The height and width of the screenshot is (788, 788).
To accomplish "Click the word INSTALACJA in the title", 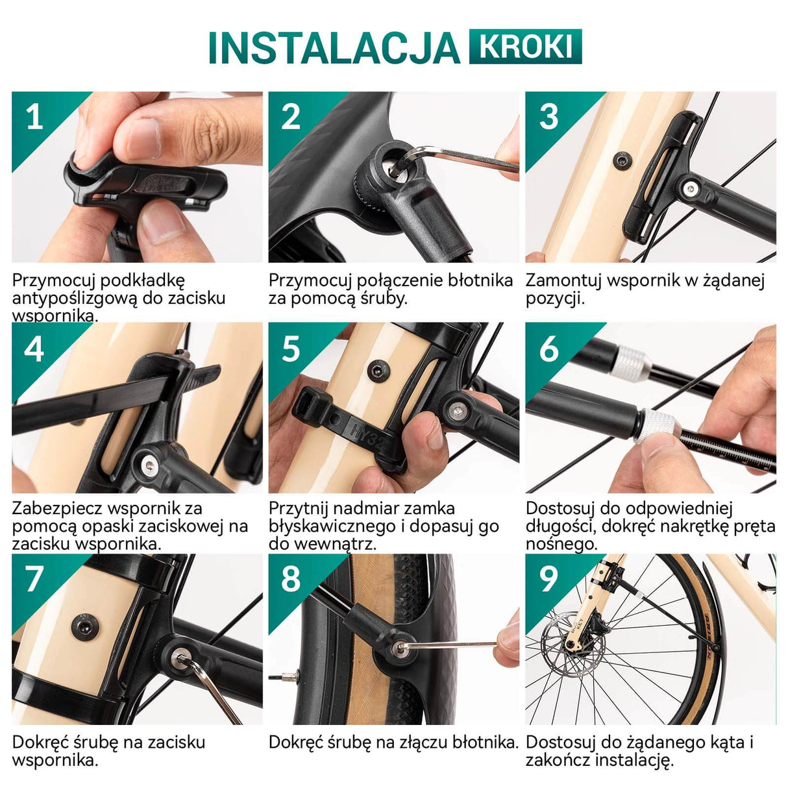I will coord(334,47).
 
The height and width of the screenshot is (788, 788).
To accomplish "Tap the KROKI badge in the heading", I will coord(525,47).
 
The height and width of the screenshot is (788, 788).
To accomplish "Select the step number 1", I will coord(34,117).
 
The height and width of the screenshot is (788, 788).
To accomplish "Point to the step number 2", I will coord(291,117).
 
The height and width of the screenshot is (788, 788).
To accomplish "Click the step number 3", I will coord(548,117).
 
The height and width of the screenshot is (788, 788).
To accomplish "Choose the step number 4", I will coord(34,349).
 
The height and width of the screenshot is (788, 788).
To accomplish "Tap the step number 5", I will coord(291,349).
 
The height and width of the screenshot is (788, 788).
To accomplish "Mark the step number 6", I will coord(548,349).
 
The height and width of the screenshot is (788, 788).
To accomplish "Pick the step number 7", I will coord(34,579).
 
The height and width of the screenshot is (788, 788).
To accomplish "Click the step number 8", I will coord(291,579).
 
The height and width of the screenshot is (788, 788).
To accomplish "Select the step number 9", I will coord(548,579).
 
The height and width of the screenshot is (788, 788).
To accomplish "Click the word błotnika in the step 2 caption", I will coord(480,280).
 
